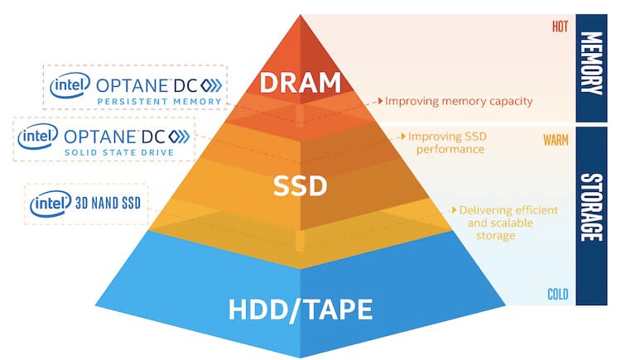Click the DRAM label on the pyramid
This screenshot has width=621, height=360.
tap(301, 83)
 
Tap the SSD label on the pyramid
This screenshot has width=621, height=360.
tap(301, 185)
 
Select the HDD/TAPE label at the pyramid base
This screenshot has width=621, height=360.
tap(301, 309)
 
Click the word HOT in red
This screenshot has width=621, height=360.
tap(560, 26)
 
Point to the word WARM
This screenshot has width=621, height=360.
tap(556, 140)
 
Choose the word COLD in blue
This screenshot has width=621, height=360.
tap(557, 294)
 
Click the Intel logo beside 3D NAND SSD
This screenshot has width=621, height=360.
tap(51, 204)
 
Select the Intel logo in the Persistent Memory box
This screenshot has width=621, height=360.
tap(70, 84)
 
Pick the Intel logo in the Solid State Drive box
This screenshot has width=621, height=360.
tap(38, 137)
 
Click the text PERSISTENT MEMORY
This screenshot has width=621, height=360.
tap(159, 102)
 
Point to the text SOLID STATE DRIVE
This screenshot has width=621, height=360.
tap(119, 152)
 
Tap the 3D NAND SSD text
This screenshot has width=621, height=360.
tap(108, 203)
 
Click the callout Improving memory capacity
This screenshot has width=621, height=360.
tap(459, 101)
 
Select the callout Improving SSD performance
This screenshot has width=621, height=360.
tap(447, 142)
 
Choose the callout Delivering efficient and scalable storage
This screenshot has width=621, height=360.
tap(508, 223)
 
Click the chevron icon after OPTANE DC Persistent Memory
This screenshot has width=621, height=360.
tap(211, 85)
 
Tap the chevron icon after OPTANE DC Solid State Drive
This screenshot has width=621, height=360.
tap(179, 137)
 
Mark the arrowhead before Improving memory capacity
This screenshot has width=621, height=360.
tap(381, 101)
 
